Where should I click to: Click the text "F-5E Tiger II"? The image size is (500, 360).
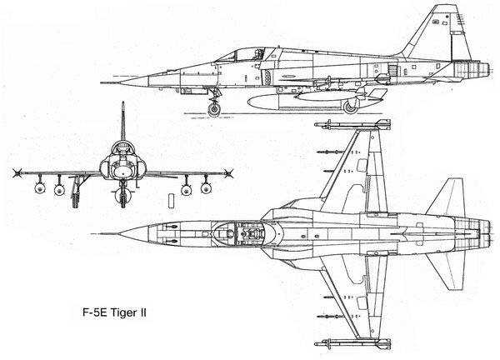pyautogui.click(x=114, y=312)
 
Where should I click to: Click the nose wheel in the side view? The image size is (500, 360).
pyautogui.click(x=214, y=109)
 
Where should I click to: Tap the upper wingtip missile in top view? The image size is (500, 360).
pyautogui.click(x=352, y=125)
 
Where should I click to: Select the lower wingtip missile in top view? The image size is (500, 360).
pyautogui.click(x=352, y=343)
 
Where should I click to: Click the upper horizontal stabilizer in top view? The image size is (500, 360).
pyautogui.click(x=447, y=197)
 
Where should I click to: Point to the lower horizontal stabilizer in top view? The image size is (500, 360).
pyautogui.click(x=447, y=271)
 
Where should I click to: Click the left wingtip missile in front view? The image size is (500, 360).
pyautogui.click(x=17, y=172)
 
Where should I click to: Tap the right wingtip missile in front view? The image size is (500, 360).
pyautogui.click(x=228, y=173)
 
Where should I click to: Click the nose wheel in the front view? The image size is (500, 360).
pyautogui.click(x=122, y=195)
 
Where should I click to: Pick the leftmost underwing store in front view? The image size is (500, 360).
pyautogui.click(x=40, y=187)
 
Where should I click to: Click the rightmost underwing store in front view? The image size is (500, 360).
pyautogui.click(x=206, y=188)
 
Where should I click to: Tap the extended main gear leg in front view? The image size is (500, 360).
pyautogui.click(x=76, y=192)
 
